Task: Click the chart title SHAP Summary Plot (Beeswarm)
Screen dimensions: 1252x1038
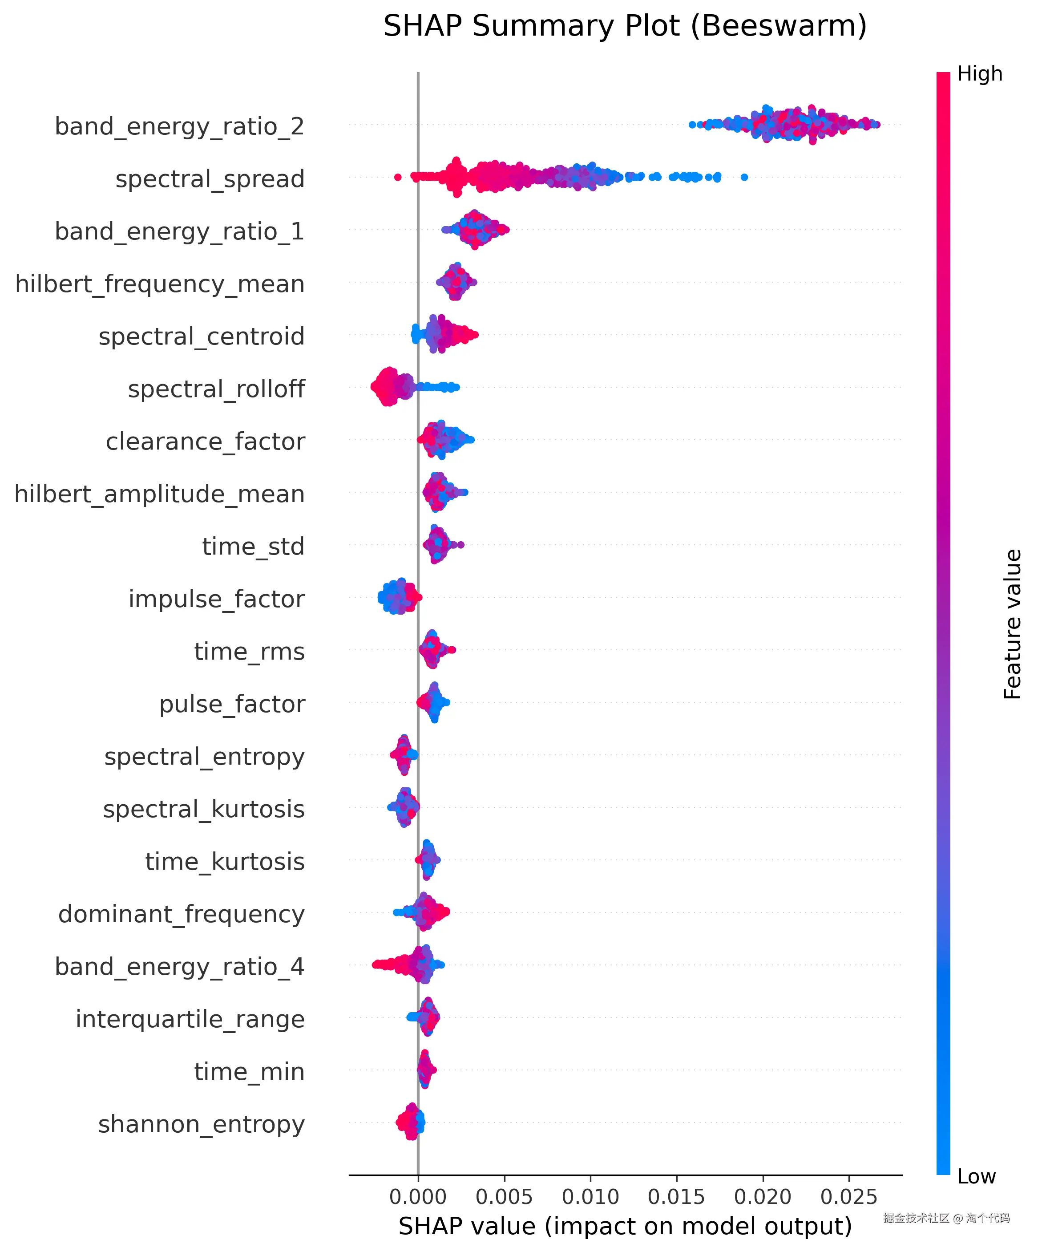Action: click(625, 26)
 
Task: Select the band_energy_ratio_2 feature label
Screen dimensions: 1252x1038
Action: click(179, 126)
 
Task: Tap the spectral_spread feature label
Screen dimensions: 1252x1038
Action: click(210, 179)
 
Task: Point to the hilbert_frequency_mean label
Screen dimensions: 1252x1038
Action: click(160, 284)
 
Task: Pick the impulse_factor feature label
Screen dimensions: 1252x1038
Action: click(216, 599)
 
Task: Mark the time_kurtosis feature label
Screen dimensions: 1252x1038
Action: click(225, 862)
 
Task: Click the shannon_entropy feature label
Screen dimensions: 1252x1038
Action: click(202, 1124)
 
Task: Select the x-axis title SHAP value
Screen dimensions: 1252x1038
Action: click(625, 1227)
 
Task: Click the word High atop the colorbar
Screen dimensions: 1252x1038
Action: click(980, 74)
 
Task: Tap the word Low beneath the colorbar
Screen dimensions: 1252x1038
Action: click(976, 1176)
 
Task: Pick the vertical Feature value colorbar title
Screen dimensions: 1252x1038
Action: click(1012, 624)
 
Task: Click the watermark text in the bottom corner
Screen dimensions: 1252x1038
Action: click(946, 1218)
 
